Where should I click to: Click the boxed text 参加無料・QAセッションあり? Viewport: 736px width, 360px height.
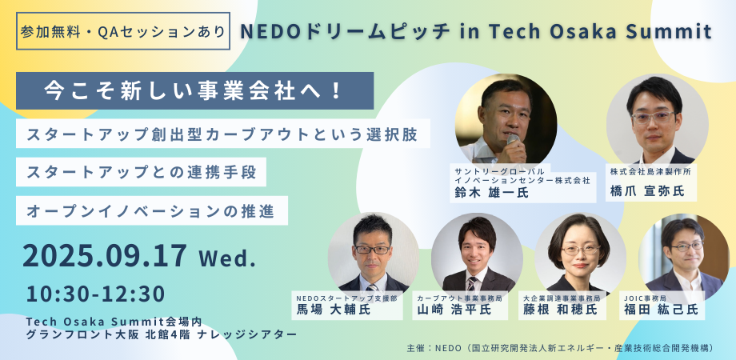[x=123, y=31]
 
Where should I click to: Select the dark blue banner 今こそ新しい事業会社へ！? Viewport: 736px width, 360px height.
[x=194, y=90]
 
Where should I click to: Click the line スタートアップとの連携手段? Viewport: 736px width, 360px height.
[x=142, y=172]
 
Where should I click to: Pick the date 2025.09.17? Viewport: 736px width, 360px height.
[x=104, y=256]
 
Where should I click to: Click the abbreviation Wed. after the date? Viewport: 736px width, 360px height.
[x=228, y=258]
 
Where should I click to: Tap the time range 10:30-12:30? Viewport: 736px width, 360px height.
[x=96, y=294]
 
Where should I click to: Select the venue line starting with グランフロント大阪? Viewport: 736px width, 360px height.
[x=162, y=334]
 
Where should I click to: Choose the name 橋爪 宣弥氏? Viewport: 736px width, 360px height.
[x=647, y=191]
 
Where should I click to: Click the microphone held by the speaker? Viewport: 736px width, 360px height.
[x=512, y=140]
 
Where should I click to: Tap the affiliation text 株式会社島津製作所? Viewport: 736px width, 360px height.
[x=650, y=172]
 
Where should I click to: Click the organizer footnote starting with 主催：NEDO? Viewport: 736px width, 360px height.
[x=561, y=348]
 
